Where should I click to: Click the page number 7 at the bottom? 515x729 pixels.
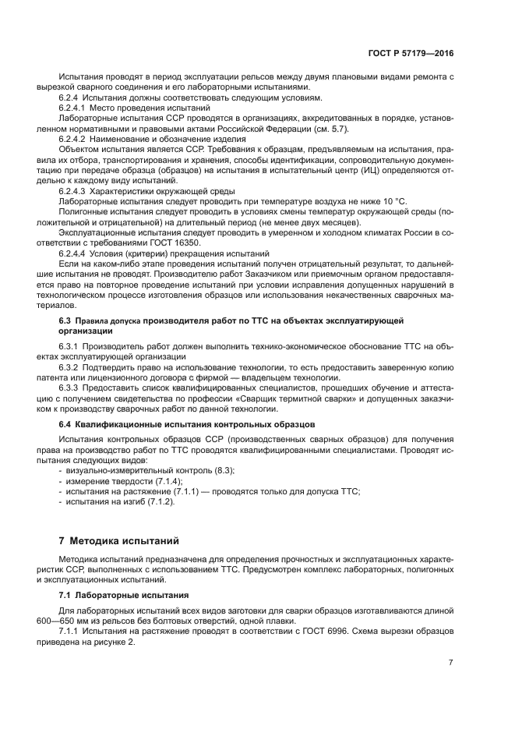tap(450, 662)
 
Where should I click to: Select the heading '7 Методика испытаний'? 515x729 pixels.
tap(119, 540)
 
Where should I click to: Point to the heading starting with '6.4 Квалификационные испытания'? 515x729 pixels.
tap(186, 424)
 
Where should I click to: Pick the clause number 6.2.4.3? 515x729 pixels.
tap(72, 190)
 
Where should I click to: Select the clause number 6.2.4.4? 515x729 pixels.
tap(72, 253)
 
